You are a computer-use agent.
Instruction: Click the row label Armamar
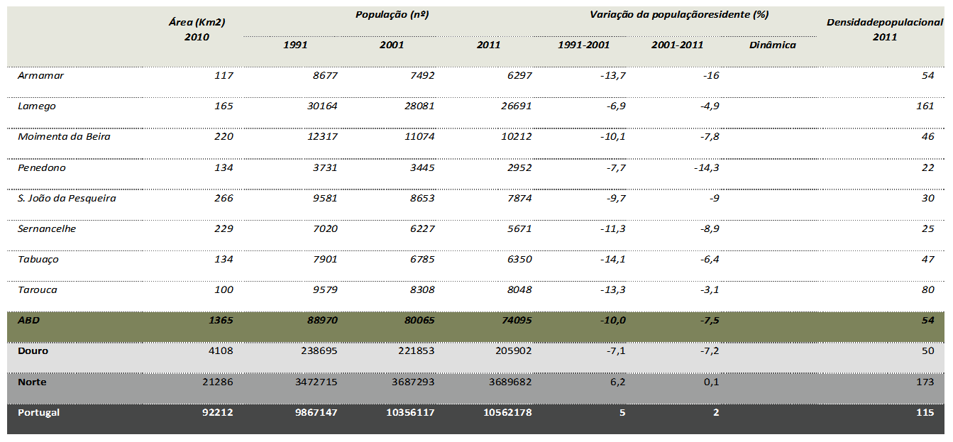[x=40, y=75]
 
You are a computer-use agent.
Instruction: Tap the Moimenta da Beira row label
[x=64, y=136]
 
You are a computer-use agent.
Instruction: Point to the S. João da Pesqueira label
[x=67, y=198]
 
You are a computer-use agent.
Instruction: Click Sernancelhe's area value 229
[x=224, y=228]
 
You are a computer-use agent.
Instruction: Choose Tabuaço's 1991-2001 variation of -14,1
[x=612, y=259]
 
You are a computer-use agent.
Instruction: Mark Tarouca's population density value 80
[x=927, y=289]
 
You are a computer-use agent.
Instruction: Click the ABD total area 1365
[x=220, y=320]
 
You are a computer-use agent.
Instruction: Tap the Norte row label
[x=32, y=382]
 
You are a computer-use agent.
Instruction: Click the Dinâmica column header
[x=772, y=45]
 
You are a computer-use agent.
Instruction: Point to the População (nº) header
[x=392, y=14]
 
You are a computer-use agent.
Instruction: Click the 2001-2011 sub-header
[x=677, y=45]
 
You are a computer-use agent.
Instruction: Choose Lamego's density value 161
[x=925, y=106]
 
